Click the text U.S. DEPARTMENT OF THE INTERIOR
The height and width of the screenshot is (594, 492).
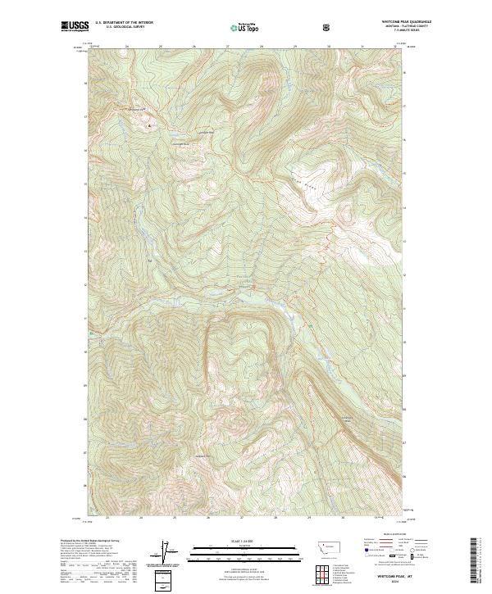pos(124,24)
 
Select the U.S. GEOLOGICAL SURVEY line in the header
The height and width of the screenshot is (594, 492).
pos(118,28)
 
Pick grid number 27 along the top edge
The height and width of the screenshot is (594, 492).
pos(227,47)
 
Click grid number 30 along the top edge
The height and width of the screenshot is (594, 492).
pos(328,47)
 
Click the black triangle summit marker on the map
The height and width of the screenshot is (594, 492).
pos(149,126)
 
